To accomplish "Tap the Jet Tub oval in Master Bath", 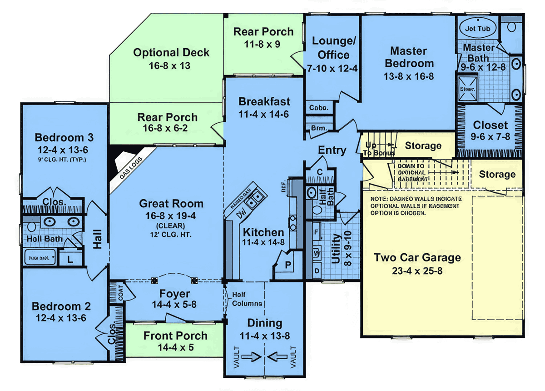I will click(x=477, y=28).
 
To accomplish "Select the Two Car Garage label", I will click(x=417, y=258).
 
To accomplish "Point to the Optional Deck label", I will click(x=171, y=53).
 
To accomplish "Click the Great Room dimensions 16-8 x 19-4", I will click(x=171, y=216).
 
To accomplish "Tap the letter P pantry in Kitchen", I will click(x=287, y=265).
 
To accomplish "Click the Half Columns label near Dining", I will click(x=247, y=299).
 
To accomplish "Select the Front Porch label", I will click(x=175, y=336).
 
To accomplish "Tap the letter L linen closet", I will click(x=70, y=260).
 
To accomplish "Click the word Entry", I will click(x=332, y=150).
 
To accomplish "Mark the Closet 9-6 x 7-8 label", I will click(x=490, y=125).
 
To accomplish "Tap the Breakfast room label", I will click(x=264, y=101).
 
